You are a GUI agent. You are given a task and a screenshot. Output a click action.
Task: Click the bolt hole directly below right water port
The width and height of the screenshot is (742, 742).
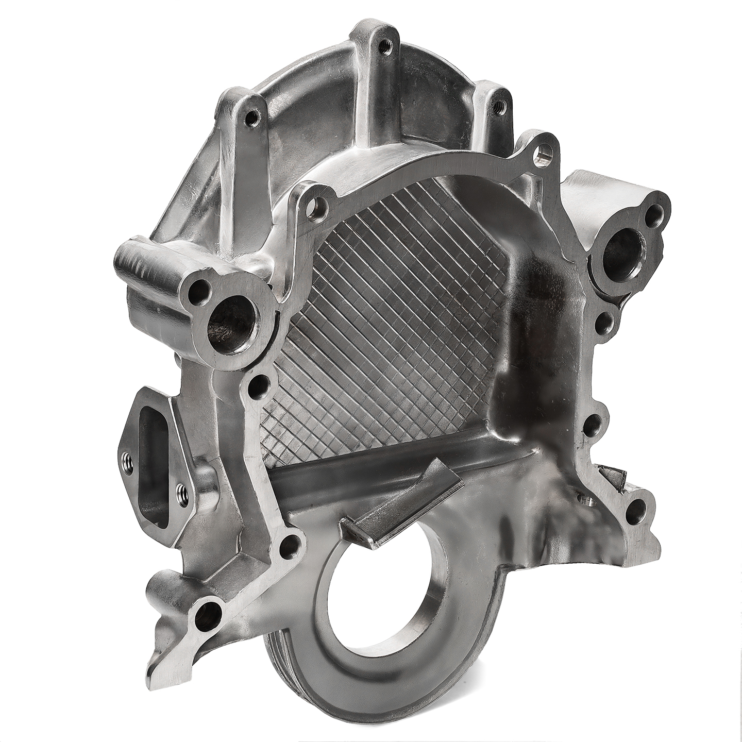point(604,325)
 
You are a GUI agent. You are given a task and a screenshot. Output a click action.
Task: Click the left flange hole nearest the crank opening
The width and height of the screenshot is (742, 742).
point(291,544)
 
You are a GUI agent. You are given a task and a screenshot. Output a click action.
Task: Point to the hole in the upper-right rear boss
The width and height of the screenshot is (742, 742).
point(497,107)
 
